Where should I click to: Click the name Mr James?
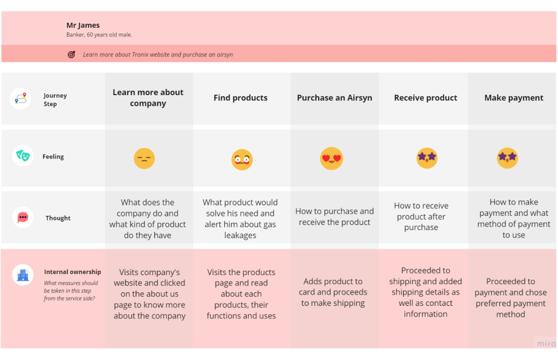[x=83, y=25]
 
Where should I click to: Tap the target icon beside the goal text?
[x=71, y=55]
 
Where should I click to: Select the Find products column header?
[x=240, y=98]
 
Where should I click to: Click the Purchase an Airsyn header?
[x=334, y=98]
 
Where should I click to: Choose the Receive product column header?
[x=425, y=98]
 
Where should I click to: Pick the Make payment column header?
[x=514, y=98]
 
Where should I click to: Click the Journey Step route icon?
[x=21, y=99]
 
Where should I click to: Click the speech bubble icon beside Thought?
[x=23, y=217]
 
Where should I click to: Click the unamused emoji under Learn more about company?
[x=144, y=158]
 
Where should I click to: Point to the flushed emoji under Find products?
[x=242, y=159]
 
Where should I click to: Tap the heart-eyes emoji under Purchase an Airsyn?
[x=331, y=158]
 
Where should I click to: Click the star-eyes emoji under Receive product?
[x=426, y=158]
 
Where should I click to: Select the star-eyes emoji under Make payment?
[x=507, y=158]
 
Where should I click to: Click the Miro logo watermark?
[x=545, y=343]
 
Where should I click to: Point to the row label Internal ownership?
[x=72, y=272]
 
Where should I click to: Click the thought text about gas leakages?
[x=240, y=219]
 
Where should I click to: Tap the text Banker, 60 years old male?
[x=99, y=35]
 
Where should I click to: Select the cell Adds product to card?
[x=333, y=292]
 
